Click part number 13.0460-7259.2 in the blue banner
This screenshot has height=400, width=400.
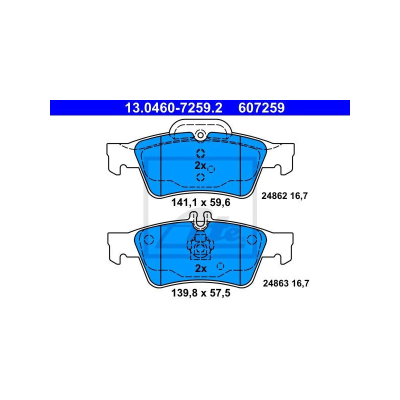click(x=173, y=108)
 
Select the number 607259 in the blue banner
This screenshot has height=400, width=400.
click(x=261, y=108)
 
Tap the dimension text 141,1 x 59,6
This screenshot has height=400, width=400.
click(x=201, y=202)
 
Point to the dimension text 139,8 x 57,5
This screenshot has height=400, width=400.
click(x=201, y=293)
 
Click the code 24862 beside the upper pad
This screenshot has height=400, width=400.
click(x=274, y=196)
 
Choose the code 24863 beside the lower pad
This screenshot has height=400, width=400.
click(x=276, y=283)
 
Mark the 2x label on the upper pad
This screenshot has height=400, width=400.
click(x=200, y=166)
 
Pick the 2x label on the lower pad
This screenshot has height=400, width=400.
click(x=201, y=268)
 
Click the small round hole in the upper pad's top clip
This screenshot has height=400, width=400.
click(x=200, y=135)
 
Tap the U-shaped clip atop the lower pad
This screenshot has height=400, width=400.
click(x=200, y=220)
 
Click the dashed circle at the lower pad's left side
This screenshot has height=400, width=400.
click(x=148, y=240)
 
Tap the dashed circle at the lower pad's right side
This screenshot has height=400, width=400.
click(x=252, y=240)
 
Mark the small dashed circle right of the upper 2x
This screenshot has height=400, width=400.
click(x=211, y=169)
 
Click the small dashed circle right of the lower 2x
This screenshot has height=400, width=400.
click(x=220, y=266)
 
